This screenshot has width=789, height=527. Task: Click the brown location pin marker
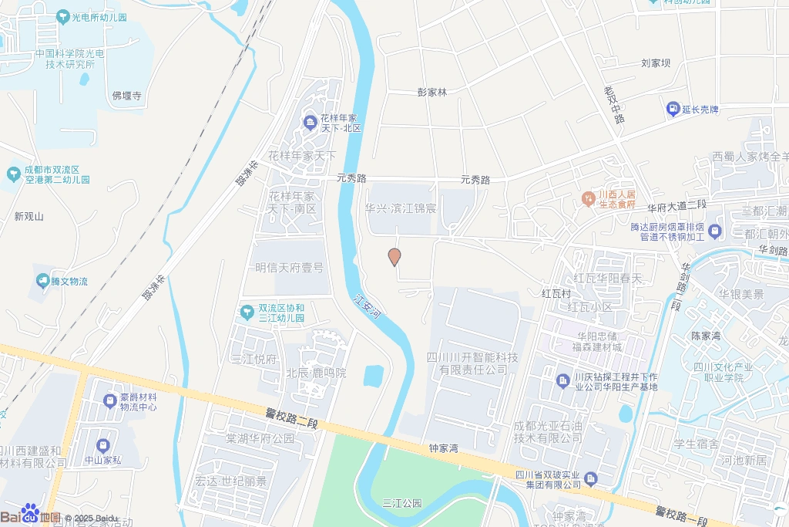pyautogui.click(x=394, y=257)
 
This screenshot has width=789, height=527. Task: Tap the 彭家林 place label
pyautogui.click(x=432, y=92)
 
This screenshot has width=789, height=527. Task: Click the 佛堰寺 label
pyautogui.click(x=127, y=96)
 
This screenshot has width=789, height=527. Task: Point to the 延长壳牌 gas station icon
pyautogui.click(x=673, y=110)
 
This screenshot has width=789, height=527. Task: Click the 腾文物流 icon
pyautogui.click(x=42, y=281)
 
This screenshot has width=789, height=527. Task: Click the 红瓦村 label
pyautogui.click(x=556, y=294)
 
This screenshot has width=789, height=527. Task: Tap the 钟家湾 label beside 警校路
pyautogui.click(x=444, y=448)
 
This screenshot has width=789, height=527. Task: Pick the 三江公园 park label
pyautogui.click(x=403, y=503)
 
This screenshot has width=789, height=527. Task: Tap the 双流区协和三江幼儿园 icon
pyautogui.click(x=247, y=312)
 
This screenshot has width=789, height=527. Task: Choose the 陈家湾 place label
pyautogui.click(x=705, y=336)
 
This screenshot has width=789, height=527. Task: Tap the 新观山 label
pyautogui.click(x=29, y=217)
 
